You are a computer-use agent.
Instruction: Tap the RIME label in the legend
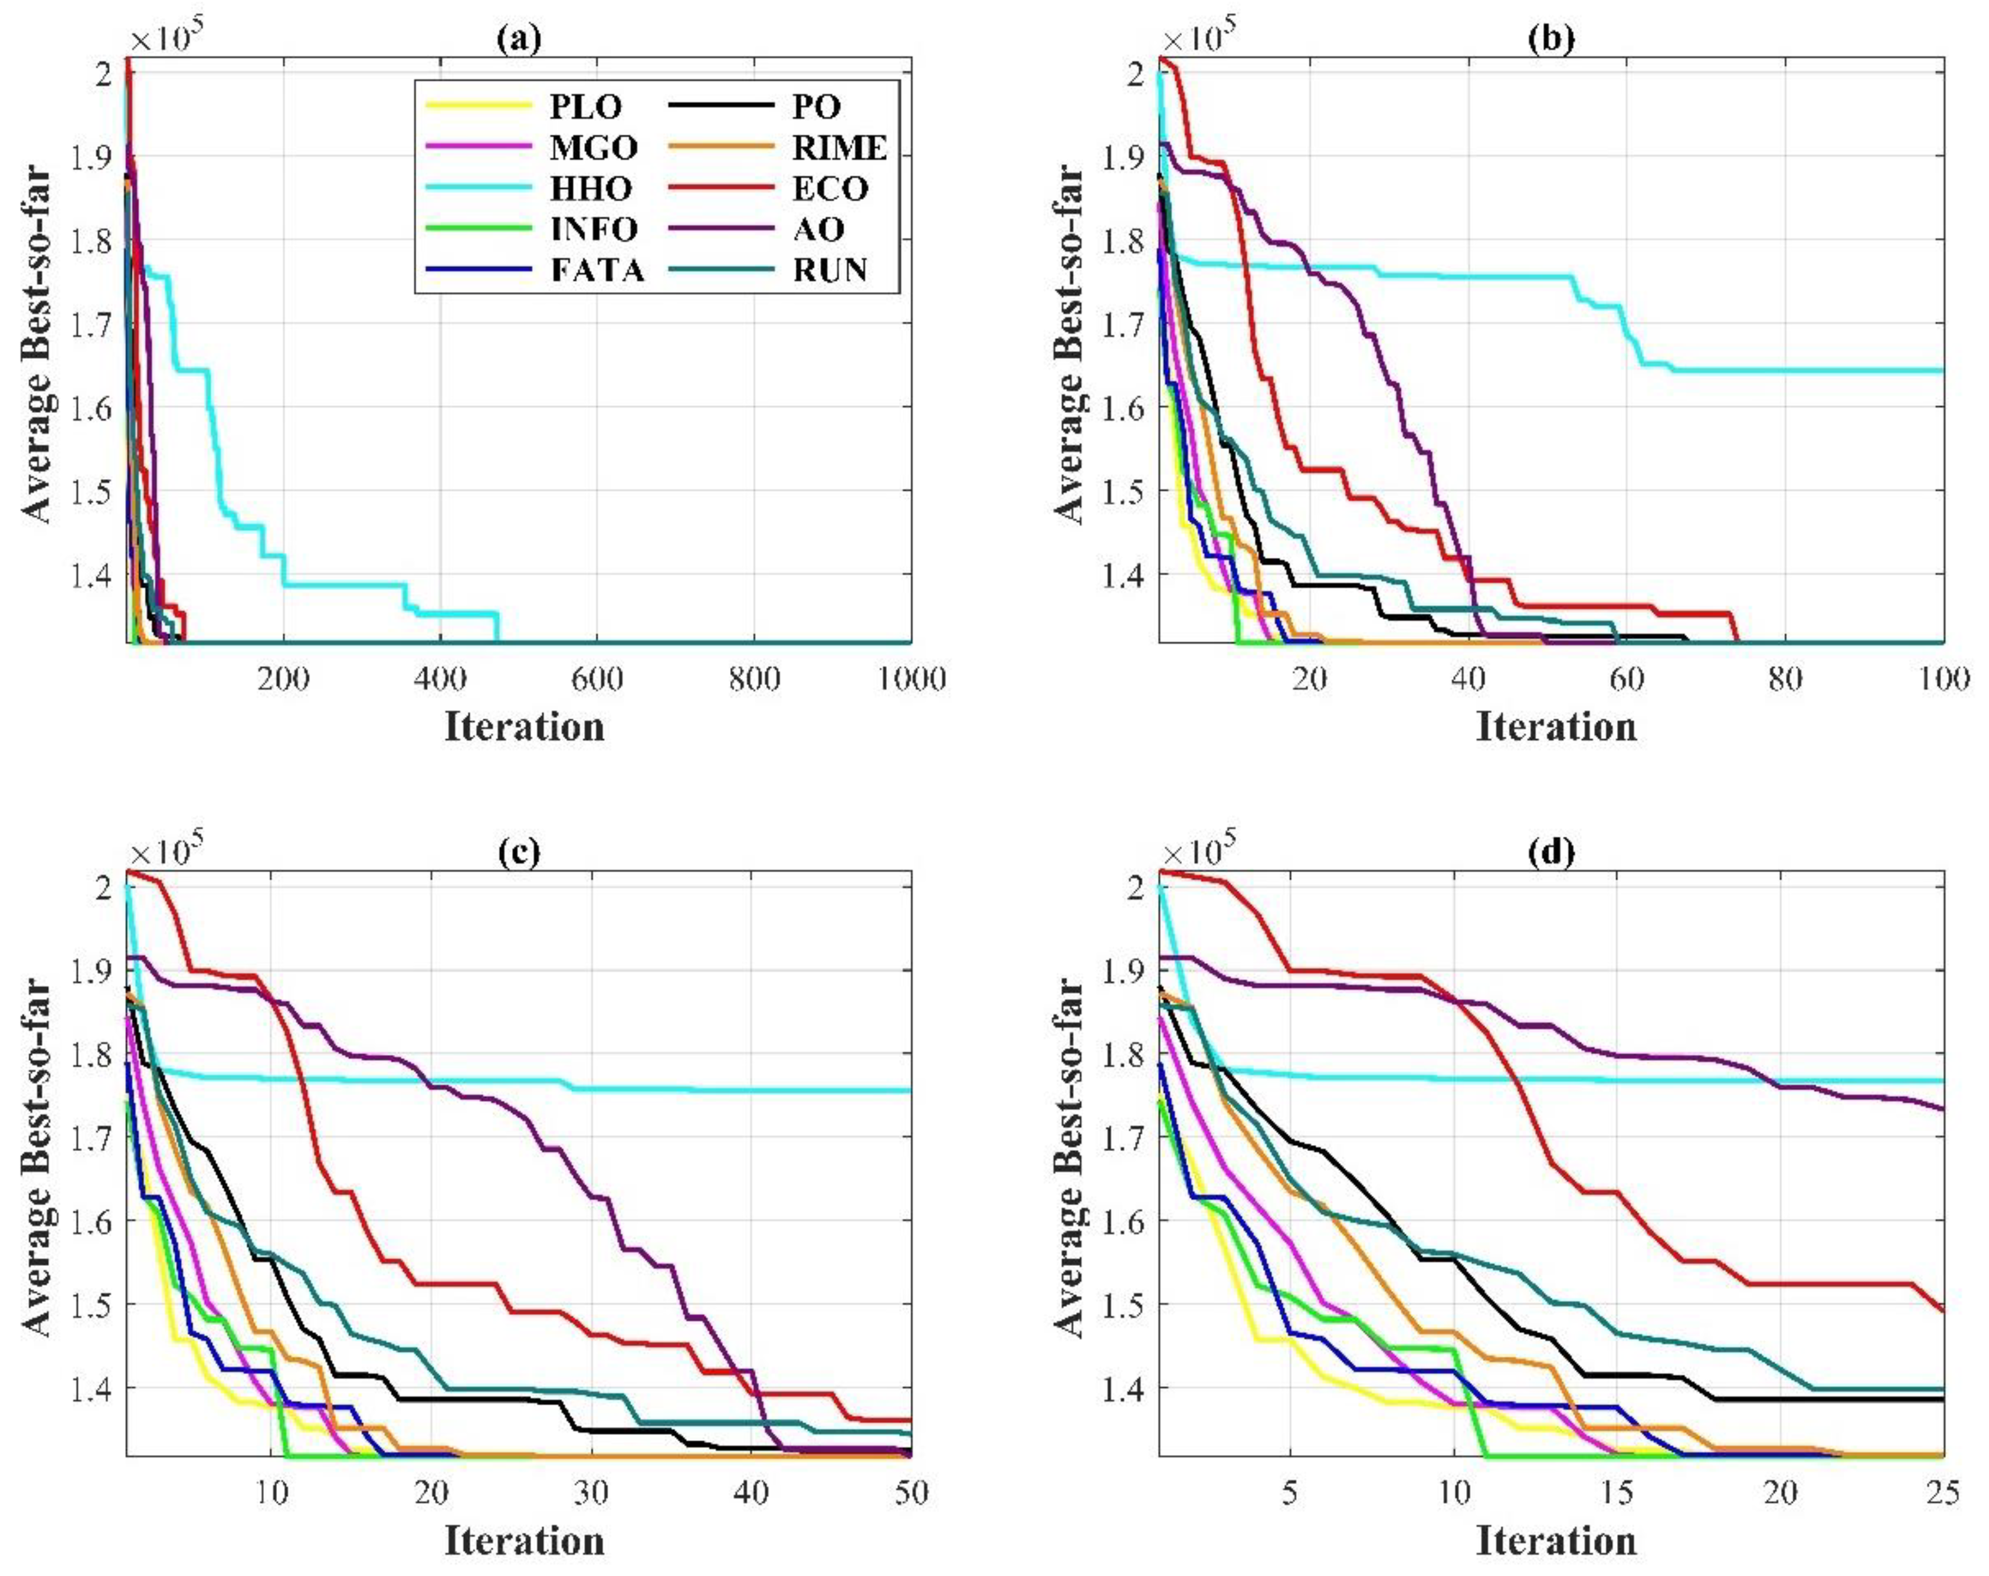(x=839, y=148)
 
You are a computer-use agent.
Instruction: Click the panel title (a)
(x=519, y=38)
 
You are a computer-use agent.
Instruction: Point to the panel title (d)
(x=1551, y=851)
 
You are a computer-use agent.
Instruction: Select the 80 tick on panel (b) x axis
(x=1785, y=679)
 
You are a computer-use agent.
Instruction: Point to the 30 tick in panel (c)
(x=591, y=1491)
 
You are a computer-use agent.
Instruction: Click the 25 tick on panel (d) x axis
(x=1942, y=1491)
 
